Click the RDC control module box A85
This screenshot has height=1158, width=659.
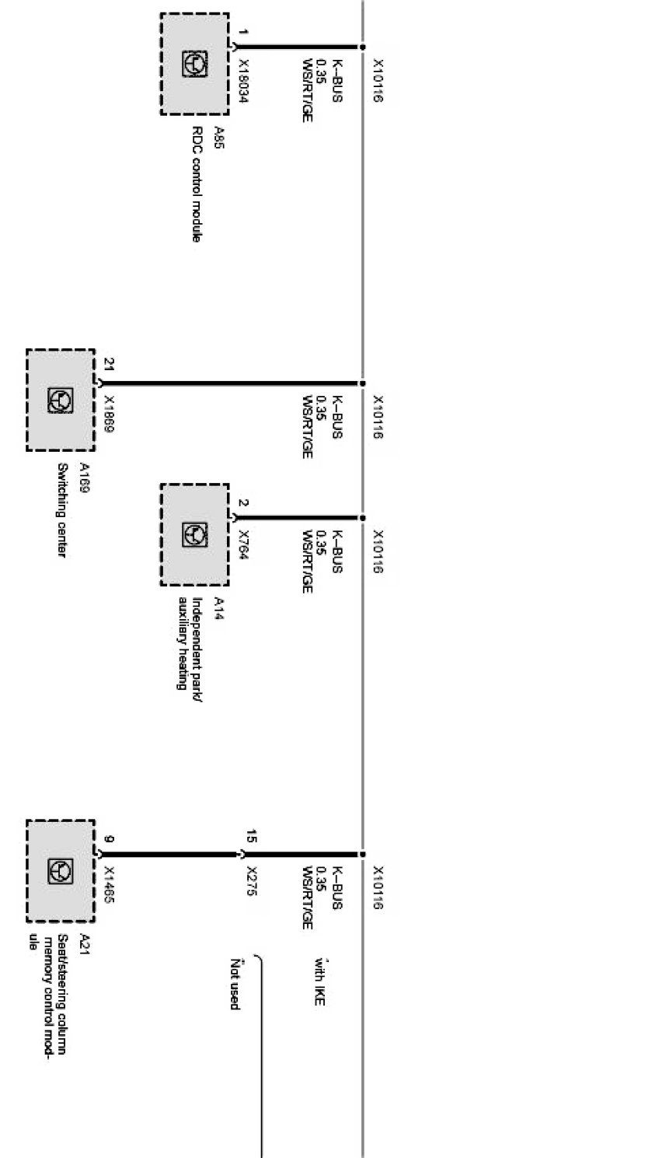pyautogui.click(x=194, y=64)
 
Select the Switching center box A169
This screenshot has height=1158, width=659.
pyautogui.click(x=61, y=400)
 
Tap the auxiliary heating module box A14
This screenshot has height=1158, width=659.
pyautogui.click(x=194, y=534)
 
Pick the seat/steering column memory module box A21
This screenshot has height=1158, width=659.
pyautogui.click(x=61, y=870)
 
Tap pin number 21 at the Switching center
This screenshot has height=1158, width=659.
pyautogui.click(x=109, y=363)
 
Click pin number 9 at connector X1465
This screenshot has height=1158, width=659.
pyautogui.click(x=109, y=839)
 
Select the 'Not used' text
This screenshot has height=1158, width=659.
pyautogui.click(x=234, y=984)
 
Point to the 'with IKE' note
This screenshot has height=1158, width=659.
pyautogui.click(x=319, y=979)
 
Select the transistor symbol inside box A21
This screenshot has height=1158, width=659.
pyautogui.click(x=61, y=870)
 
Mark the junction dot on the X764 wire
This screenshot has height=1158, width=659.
pyautogui.click(x=362, y=517)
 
